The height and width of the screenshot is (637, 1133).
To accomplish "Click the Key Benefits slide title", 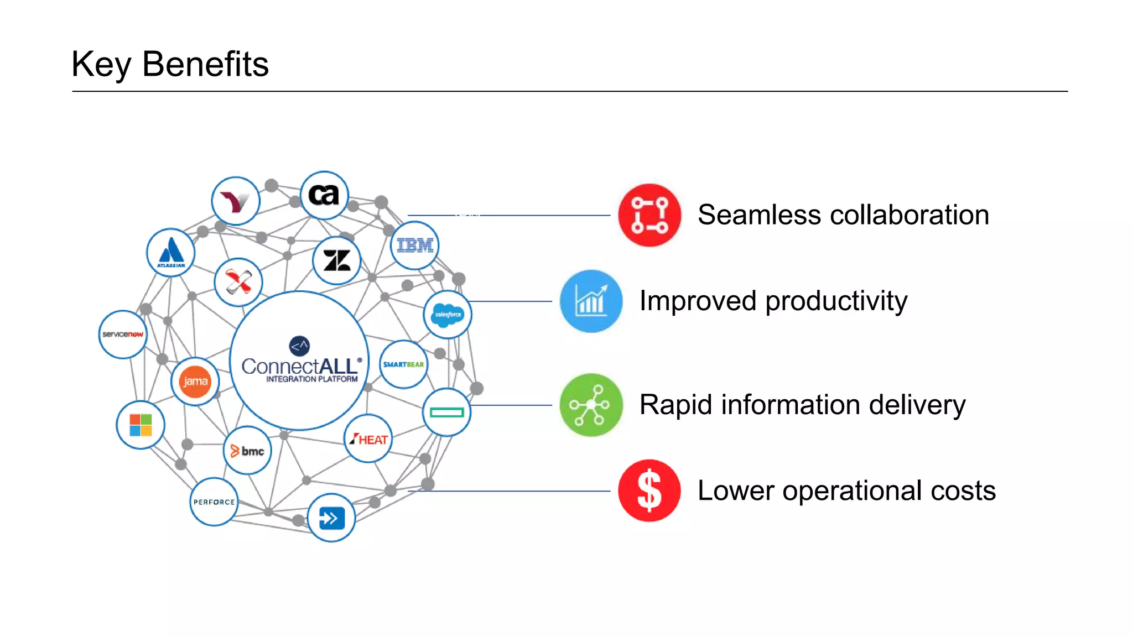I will click(x=170, y=64).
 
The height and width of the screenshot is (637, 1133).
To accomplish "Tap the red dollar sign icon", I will click(x=649, y=490).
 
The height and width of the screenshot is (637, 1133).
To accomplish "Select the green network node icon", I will click(x=591, y=405).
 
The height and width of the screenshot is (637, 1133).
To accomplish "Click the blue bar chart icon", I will click(x=591, y=301).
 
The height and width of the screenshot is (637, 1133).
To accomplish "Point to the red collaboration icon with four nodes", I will click(x=649, y=215).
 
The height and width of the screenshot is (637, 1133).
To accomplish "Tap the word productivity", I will click(x=836, y=302).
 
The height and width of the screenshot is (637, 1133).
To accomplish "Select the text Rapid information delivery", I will click(x=802, y=405).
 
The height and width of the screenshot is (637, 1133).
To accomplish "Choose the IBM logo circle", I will click(x=415, y=246).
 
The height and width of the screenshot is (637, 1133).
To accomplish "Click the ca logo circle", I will click(x=324, y=195).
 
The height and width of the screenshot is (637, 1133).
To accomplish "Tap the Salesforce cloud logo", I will click(x=448, y=315).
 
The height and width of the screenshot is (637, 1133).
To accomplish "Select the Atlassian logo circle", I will click(x=171, y=253).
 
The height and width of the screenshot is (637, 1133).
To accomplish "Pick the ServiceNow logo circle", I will click(x=123, y=335).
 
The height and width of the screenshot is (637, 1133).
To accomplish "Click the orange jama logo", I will click(x=195, y=382).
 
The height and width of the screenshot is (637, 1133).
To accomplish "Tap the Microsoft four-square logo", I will click(x=141, y=425).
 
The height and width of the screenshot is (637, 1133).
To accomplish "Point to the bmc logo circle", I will click(x=247, y=451).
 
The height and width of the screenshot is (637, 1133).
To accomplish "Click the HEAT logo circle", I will click(x=368, y=439).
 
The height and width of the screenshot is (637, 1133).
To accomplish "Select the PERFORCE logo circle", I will click(x=214, y=502).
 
